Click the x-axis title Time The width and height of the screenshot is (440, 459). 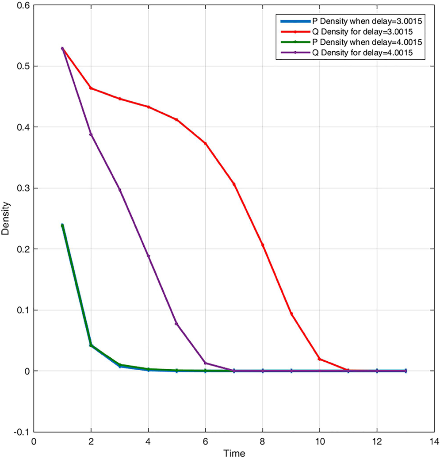click(x=234, y=453)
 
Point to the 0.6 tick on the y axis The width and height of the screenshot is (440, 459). click(x=22, y=5)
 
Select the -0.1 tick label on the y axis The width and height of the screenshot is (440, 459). click(x=20, y=432)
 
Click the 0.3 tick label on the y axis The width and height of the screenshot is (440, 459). click(x=22, y=188)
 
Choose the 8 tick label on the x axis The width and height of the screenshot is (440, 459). click(x=263, y=441)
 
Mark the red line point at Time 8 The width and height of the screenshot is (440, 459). click(x=263, y=245)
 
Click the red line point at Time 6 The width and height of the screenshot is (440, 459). click(x=205, y=143)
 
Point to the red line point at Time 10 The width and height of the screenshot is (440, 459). click(x=320, y=359)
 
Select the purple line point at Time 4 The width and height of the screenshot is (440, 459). click(x=148, y=256)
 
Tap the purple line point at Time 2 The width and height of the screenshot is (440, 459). click(x=91, y=134)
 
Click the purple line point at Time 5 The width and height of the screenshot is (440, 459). click(x=177, y=324)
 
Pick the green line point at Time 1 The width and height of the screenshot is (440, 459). click(x=62, y=226)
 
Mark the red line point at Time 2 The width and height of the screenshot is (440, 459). click(x=91, y=88)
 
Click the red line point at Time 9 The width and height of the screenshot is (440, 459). click(x=291, y=314)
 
